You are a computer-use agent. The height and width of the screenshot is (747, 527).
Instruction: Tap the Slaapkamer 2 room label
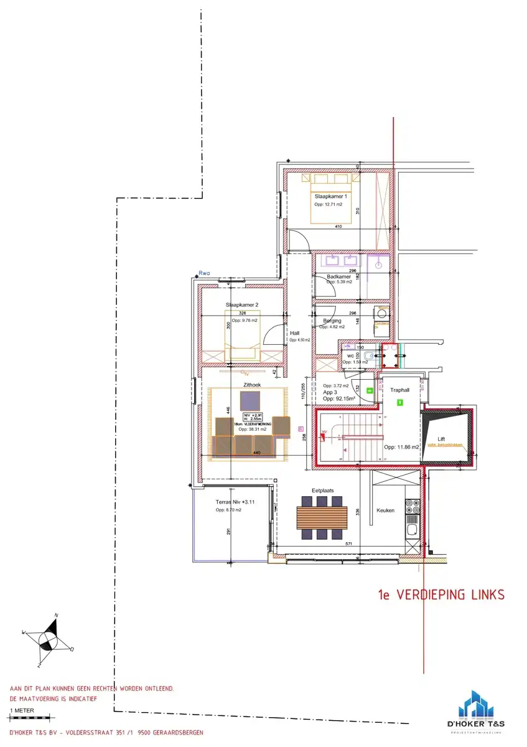click(x=242, y=305)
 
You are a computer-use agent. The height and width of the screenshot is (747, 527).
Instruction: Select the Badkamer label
click(x=339, y=276)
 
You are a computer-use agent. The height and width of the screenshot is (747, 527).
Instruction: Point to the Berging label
click(x=332, y=321)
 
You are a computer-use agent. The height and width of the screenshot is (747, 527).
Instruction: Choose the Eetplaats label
click(x=322, y=491)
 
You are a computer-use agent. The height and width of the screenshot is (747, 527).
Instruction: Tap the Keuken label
click(x=385, y=510)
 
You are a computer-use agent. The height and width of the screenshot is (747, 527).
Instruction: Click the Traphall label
click(x=399, y=390)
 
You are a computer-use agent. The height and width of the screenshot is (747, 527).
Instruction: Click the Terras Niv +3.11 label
click(x=236, y=501)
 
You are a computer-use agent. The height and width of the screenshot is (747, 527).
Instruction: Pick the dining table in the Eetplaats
click(x=322, y=517)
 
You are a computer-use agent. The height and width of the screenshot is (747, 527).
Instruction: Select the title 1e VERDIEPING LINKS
click(x=441, y=595)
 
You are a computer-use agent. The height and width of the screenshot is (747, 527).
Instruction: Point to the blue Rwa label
click(x=203, y=273)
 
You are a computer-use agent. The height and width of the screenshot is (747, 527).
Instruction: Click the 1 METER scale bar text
click(x=22, y=709)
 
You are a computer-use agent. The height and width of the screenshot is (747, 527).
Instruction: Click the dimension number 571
click(x=349, y=543)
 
